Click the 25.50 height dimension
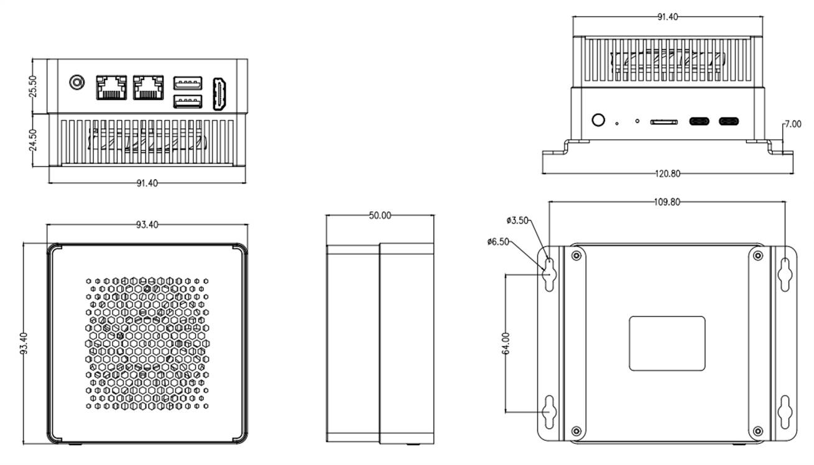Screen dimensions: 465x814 pyautogui.click(x=34, y=86)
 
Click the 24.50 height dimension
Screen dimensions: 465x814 pyautogui.click(x=34, y=140)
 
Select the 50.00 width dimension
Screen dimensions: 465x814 pyautogui.click(x=380, y=216)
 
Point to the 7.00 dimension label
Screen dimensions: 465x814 pyautogui.click(x=792, y=124)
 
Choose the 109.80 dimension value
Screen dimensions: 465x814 pyautogui.click(x=667, y=202)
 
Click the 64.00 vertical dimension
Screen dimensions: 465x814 pyautogui.click(x=506, y=343)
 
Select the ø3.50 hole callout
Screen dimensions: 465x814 pyautogui.click(x=517, y=220)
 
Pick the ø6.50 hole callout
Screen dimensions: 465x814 pyautogui.click(x=499, y=241)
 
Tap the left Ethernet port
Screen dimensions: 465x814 pyautogui.click(x=111, y=87)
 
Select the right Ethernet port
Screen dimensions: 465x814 pyautogui.click(x=148, y=87)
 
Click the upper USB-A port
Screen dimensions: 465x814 pyautogui.click(x=187, y=81)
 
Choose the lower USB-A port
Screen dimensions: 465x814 pyautogui.click(x=187, y=101)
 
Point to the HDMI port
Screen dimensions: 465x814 pyautogui.click(x=220, y=94)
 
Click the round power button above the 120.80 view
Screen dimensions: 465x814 pyautogui.click(x=598, y=120)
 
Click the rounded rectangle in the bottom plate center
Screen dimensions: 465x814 pyautogui.click(x=667, y=343)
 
